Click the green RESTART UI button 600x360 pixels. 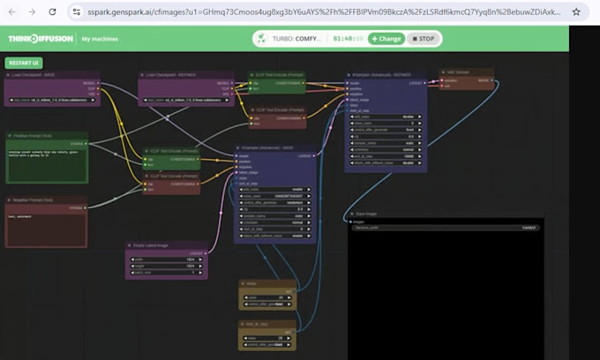[24, 64]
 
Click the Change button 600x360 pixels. [386, 39]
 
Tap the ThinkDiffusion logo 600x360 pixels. [40, 39]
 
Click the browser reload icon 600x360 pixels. [52, 11]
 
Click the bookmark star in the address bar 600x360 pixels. [576, 11]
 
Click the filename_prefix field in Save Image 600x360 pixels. [446, 228]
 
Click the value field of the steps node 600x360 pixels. [267, 297]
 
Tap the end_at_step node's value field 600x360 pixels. [267, 337]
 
